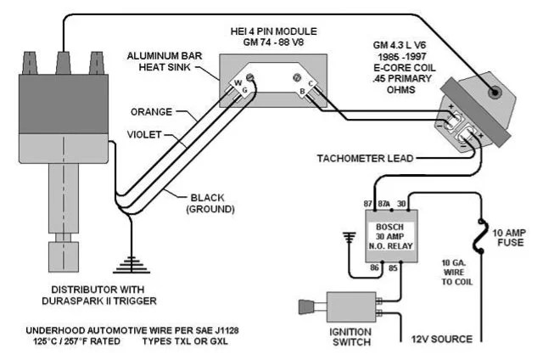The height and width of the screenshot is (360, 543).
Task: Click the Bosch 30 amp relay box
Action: tap(391, 236)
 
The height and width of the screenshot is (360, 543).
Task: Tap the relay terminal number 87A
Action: tap(383, 204)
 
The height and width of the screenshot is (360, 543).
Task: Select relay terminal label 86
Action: tap(374, 267)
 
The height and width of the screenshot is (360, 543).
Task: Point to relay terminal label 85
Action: tap(393, 267)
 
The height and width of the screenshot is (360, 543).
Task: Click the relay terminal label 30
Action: tap(401, 204)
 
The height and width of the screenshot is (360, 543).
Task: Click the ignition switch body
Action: tap(351, 307)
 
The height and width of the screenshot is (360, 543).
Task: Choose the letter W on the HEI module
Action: tap(238, 83)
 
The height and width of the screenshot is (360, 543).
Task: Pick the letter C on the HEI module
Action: tap(311, 83)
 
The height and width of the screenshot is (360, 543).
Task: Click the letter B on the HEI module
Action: tap(302, 92)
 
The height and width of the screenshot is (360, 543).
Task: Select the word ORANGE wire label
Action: tap(151, 112)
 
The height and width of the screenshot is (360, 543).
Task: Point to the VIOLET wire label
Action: tap(144, 134)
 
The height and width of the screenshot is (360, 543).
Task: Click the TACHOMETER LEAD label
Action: tap(366, 158)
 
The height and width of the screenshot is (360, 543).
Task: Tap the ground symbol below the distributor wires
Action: tap(132, 265)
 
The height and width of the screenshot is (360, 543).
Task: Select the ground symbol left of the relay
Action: tap(350, 238)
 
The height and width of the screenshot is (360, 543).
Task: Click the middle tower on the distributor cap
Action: tap(64, 63)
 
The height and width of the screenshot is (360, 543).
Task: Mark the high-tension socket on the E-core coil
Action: tap(494, 93)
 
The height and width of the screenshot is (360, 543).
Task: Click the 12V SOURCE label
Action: tap(442, 339)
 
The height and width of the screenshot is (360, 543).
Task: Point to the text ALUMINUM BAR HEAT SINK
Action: tap(165, 61)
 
